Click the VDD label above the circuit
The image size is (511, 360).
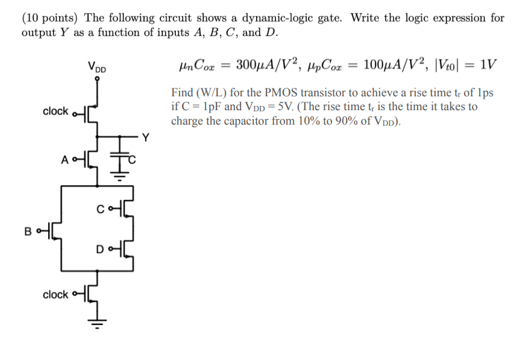[x=96, y=67]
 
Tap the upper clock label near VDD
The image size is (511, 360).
[x=55, y=111]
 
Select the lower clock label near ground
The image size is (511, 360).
[x=55, y=294]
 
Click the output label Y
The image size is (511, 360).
[x=145, y=137]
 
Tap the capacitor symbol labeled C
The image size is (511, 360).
[x=120, y=155]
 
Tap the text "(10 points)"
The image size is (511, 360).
[x=48, y=17]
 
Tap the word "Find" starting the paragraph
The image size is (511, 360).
[x=182, y=93]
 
